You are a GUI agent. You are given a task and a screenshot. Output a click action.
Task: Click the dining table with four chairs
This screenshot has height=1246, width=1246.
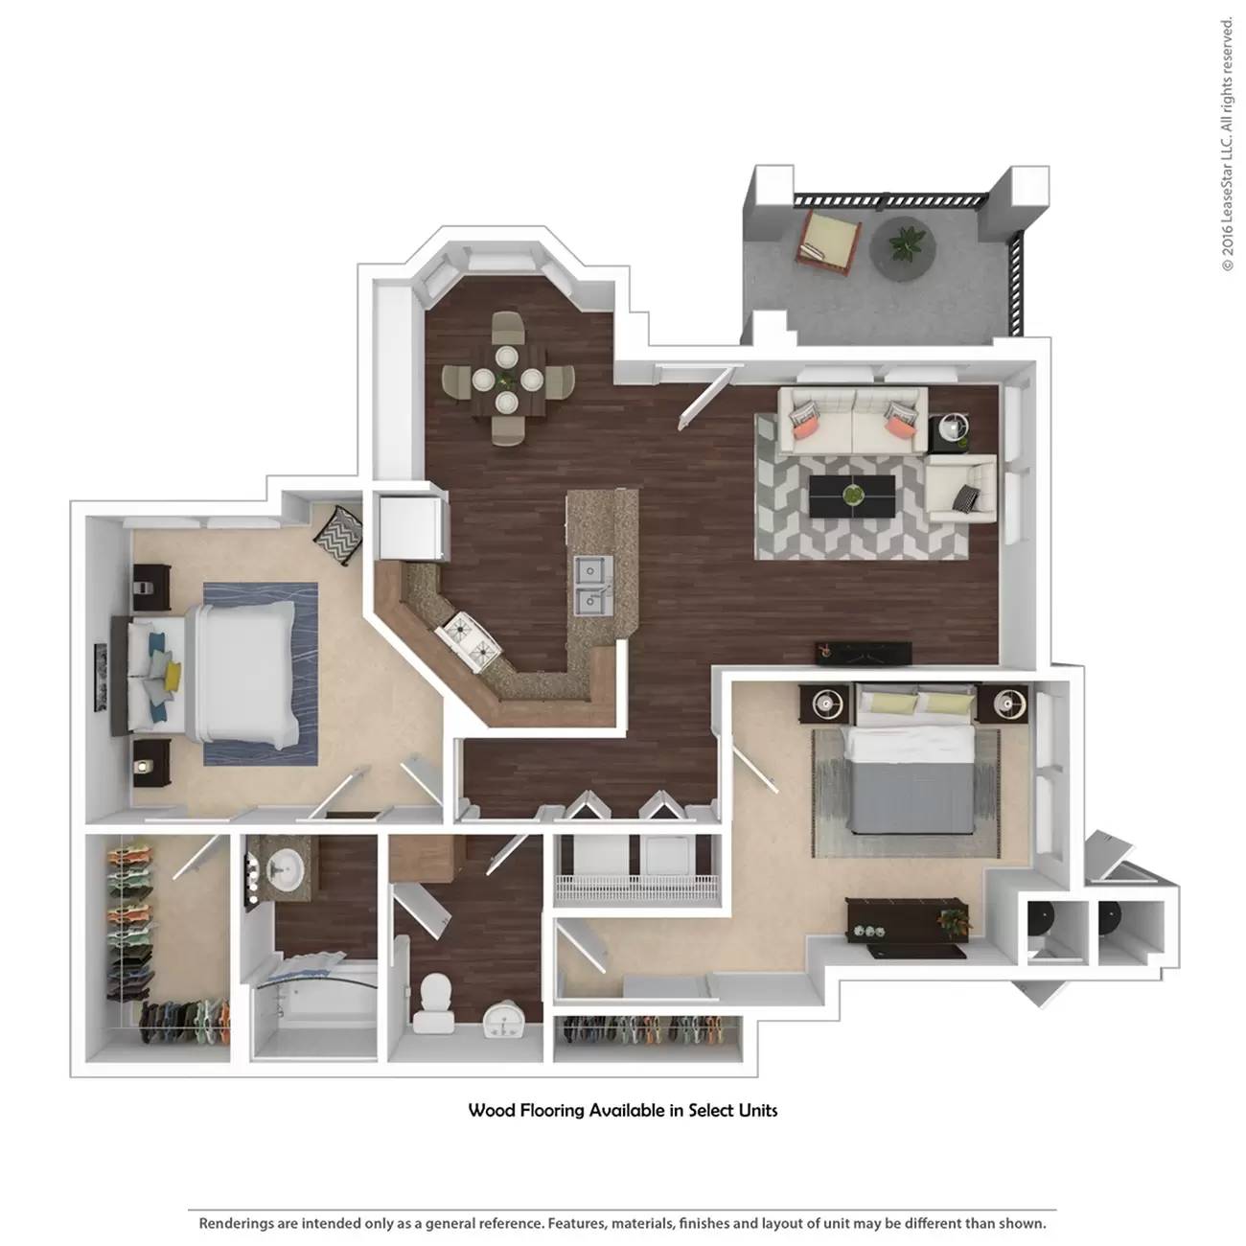(507, 378)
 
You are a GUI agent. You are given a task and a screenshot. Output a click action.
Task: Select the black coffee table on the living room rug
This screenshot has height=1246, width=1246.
(852, 496)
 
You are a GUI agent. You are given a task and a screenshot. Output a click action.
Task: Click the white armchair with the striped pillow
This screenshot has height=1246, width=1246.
(961, 488)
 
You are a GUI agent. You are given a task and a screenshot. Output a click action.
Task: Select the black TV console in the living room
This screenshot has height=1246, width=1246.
(863, 652)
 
